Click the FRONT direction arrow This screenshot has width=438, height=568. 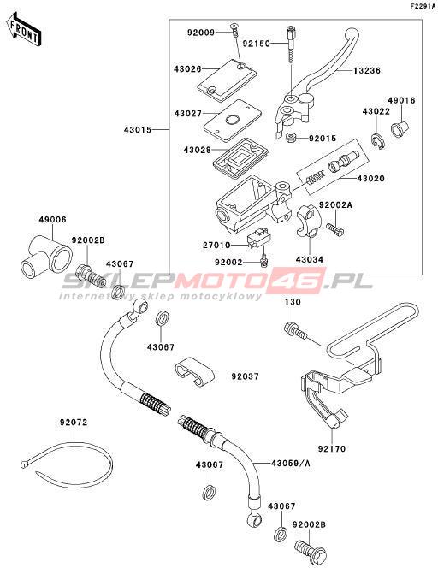coord(23,30)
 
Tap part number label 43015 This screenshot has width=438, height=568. coord(138,129)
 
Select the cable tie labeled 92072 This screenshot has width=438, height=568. coord(66,464)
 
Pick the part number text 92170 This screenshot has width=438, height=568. coord(332,449)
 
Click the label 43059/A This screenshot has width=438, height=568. coord(291,464)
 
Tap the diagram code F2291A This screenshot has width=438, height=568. coord(423,6)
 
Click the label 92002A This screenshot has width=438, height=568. coord(335,205)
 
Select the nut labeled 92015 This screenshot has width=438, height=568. coord(291,138)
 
